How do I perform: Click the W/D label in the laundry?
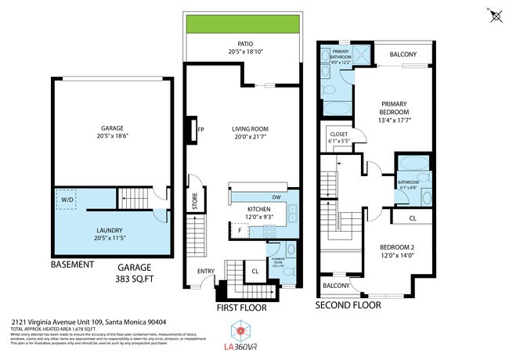67,200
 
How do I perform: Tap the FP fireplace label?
201,130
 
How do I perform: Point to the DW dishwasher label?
277,197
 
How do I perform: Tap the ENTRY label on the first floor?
207,272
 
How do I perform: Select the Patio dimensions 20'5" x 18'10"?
242,52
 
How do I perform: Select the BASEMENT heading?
73,265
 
